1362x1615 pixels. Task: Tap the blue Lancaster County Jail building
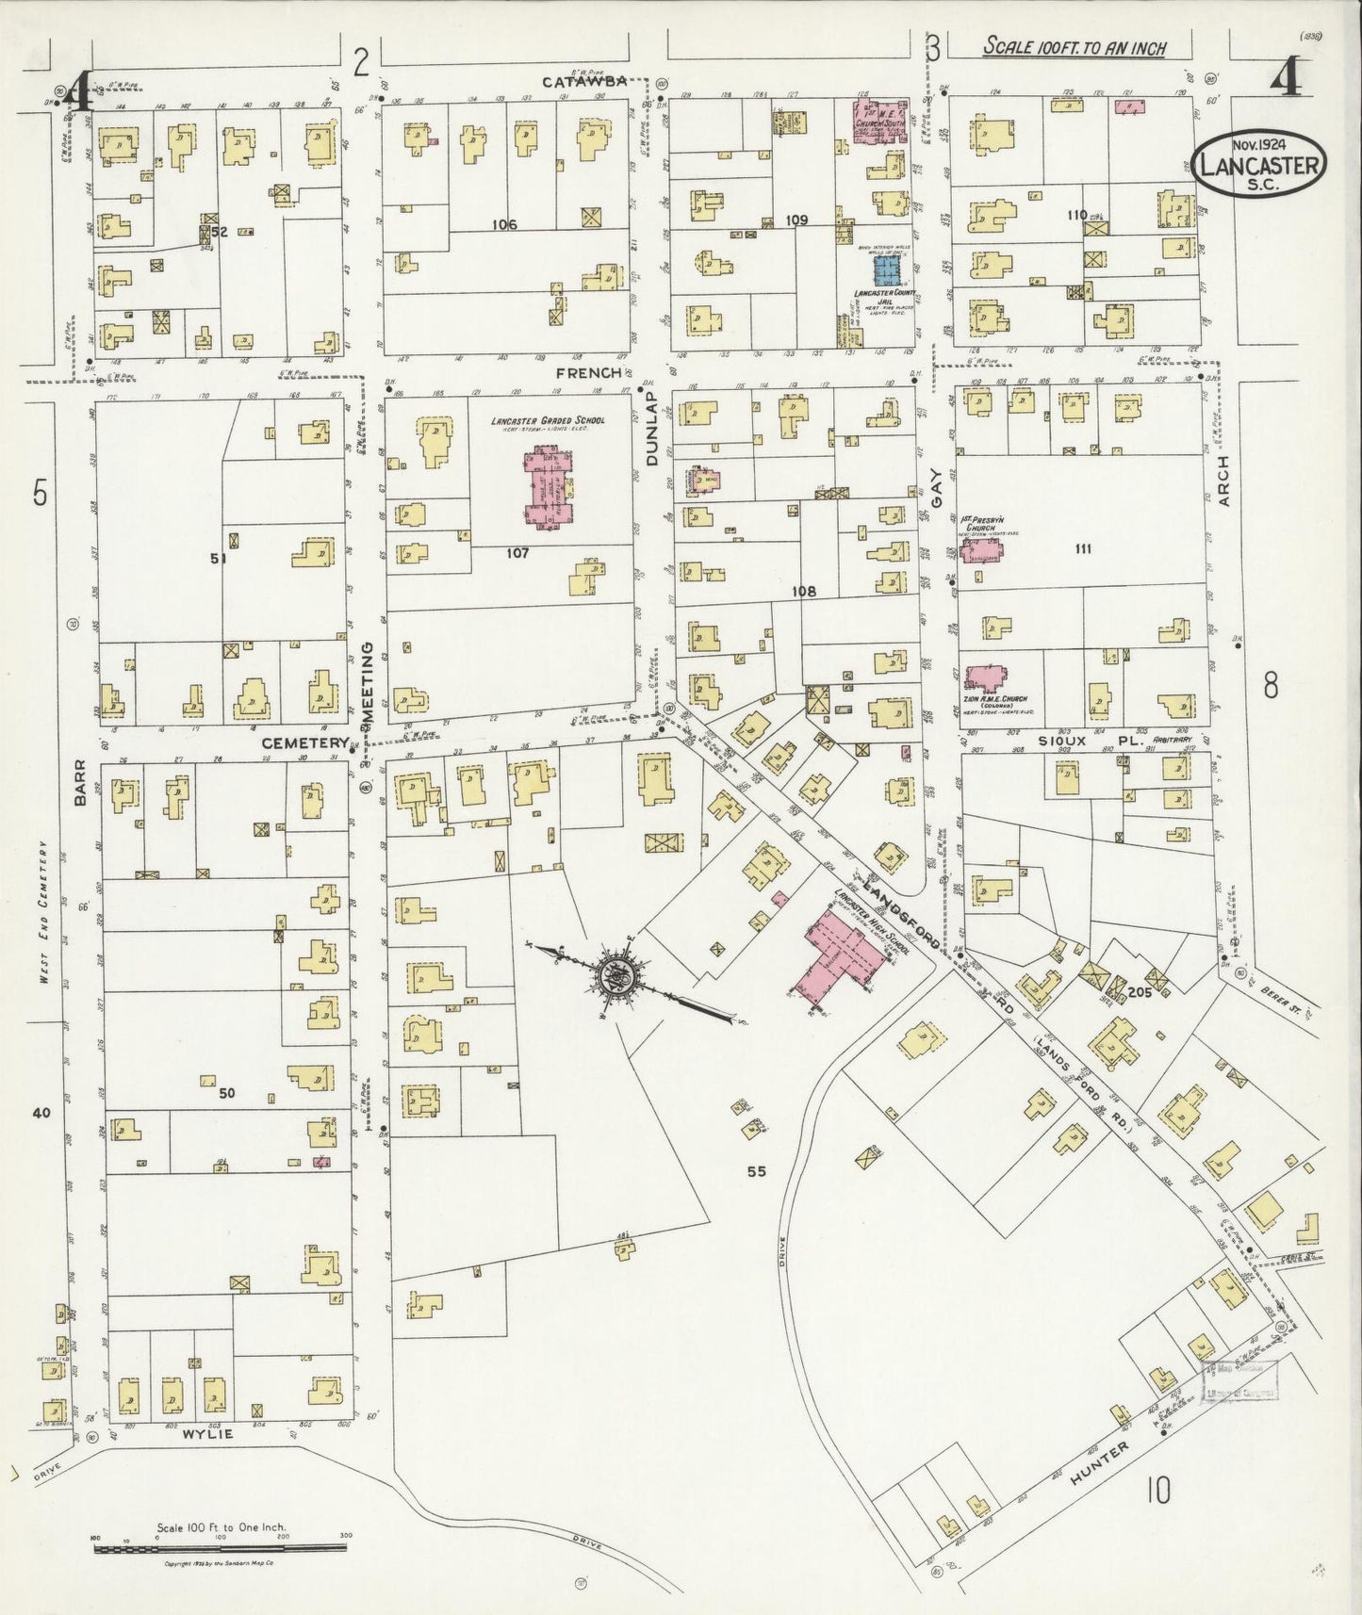coord(885,270)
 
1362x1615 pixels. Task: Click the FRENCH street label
coord(588,373)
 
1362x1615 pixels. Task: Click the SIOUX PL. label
coord(1090,742)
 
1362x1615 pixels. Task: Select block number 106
coord(504,224)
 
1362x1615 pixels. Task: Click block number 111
coord(1081,548)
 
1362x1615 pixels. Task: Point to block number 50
coord(226,1094)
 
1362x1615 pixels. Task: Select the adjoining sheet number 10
coord(1158,1491)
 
